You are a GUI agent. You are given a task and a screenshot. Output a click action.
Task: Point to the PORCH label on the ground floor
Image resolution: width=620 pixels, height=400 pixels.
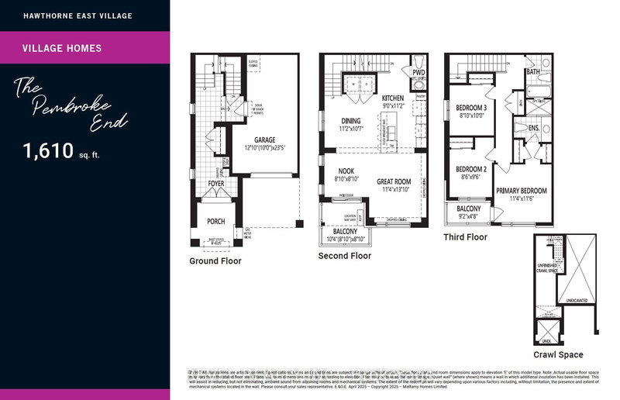[x=215, y=222]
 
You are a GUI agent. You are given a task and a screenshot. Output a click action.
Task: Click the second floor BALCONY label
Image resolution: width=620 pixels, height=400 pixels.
[x=345, y=232]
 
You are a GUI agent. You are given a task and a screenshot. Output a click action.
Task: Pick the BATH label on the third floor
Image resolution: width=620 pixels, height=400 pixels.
[x=533, y=71]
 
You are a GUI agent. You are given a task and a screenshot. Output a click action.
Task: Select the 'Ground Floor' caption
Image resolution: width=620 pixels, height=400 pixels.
[x=215, y=261]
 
